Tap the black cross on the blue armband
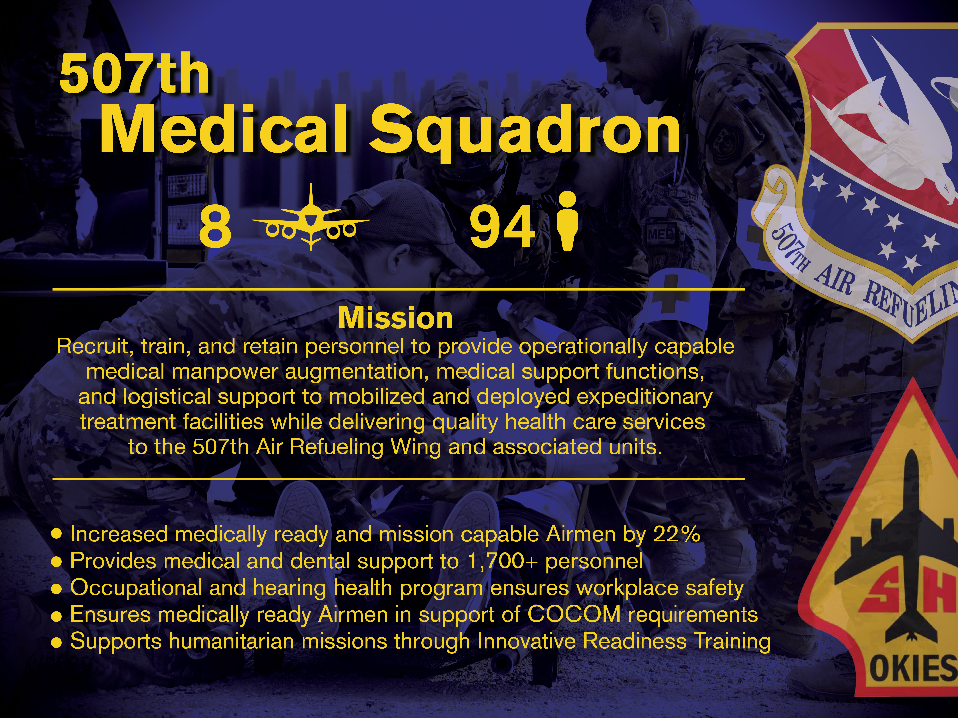point(672,294)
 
